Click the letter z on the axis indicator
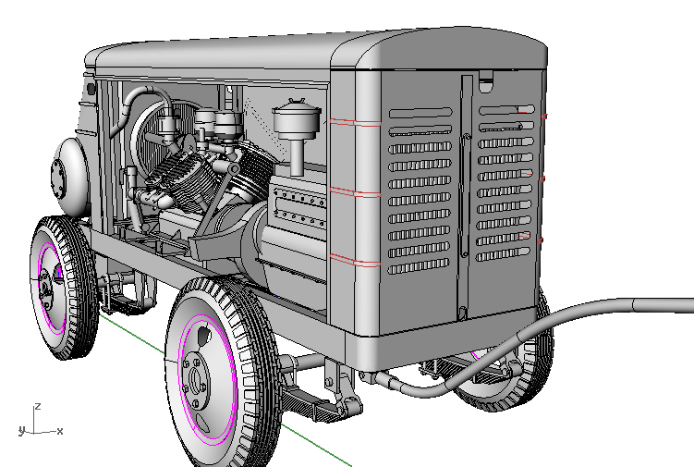coord(38,406)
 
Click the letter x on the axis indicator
coord(60,431)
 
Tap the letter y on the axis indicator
coord(21,430)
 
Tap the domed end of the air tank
coord(70,178)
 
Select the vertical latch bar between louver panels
coord(465,195)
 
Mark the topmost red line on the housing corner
coord(356,122)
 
